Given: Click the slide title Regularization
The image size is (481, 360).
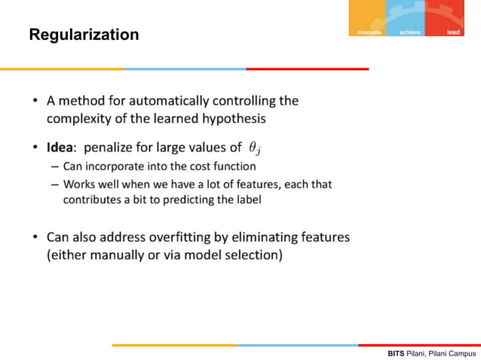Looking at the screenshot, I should tap(84, 35).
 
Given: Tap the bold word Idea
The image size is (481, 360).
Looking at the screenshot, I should tap(61, 147).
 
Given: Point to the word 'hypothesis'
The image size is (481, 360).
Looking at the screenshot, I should tap(231, 118).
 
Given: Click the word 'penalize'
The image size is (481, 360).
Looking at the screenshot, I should tap(112, 147).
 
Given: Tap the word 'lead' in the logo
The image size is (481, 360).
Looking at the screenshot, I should tap(453, 32).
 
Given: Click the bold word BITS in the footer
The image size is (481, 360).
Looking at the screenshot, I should tap(396, 352).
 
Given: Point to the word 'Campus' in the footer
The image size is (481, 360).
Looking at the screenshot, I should tap(459, 352).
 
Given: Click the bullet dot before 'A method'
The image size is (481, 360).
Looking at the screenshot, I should tap(35, 101).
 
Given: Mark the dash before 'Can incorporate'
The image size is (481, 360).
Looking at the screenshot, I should tap(55, 166).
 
